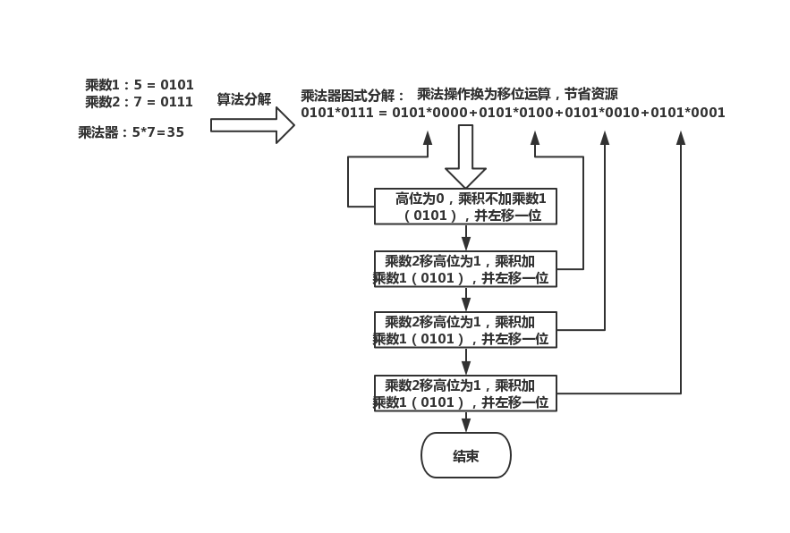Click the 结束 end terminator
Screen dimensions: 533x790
click(465, 455)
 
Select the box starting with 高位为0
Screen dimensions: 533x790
click(465, 207)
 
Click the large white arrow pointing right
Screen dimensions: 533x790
click(252, 125)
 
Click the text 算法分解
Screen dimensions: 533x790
click(243, 99)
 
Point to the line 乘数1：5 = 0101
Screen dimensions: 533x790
click(140, 85)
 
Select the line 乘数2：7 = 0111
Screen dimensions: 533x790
click(140, 102)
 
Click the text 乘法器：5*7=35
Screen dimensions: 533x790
click(132, 132)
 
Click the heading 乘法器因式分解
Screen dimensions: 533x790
click(353, 96)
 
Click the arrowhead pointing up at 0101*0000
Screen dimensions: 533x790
click(428, 137)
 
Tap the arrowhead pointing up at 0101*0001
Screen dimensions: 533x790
click(681, 137)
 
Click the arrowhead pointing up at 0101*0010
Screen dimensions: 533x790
click(605, 137)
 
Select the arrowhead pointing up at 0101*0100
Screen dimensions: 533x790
click(535, 137)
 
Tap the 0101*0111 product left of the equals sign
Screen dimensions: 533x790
click(339, 113)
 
